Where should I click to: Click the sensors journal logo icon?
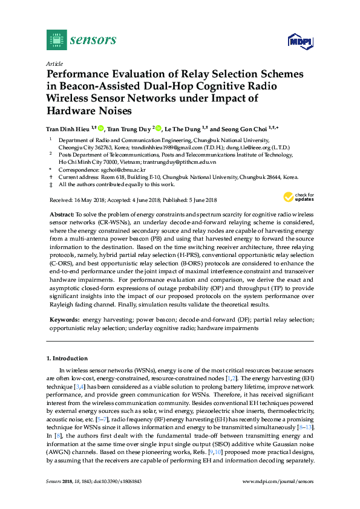(56, 40)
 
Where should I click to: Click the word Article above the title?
(54, 63)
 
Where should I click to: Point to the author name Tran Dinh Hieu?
(68, 128)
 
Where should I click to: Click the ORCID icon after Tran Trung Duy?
(159, 128)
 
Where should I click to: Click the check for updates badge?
(299, 197)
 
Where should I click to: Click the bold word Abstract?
(61, 215)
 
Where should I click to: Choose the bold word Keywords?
(64, 319)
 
